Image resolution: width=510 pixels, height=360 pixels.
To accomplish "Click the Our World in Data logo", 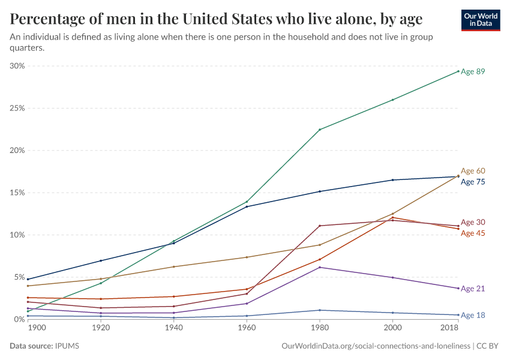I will (x=480, y=20).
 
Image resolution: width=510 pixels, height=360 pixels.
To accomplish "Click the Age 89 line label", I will (x=473, y=71).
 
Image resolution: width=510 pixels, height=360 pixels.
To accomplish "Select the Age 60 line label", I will (x=473, y=171).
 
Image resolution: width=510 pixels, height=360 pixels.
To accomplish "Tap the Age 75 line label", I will (x=473, y=182).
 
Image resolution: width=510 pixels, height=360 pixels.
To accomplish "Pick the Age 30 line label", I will (x=473, y=223).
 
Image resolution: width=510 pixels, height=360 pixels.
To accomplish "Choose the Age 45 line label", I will (x=473, y=233).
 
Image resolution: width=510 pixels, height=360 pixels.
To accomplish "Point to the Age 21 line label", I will (x=473, y=289).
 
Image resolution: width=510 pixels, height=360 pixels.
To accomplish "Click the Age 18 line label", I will (x=473, y=316).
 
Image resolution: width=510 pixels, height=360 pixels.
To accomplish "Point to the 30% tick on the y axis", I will (x=17, y=66).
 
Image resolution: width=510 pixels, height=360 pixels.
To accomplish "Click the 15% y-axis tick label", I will (x=17, y=193).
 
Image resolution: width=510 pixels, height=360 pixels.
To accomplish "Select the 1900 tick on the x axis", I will (x=36, y=329).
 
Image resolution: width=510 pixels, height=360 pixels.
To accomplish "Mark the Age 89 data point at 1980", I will (x=320, y=130).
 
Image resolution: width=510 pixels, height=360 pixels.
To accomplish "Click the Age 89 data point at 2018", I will (x=458, y=71).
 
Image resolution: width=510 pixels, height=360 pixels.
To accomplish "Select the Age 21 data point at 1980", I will (x=320, y=267).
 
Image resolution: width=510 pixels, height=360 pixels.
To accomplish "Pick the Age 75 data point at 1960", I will (x=247, y=206).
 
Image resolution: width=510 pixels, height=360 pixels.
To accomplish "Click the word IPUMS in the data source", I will (x=67, y=346).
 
